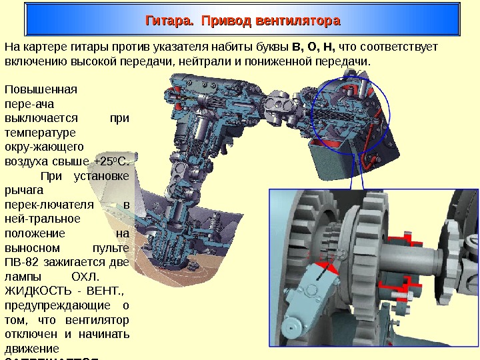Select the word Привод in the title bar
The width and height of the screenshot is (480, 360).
223,22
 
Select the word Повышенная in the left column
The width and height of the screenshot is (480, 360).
41,88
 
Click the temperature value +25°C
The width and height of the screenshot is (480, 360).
114,161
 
